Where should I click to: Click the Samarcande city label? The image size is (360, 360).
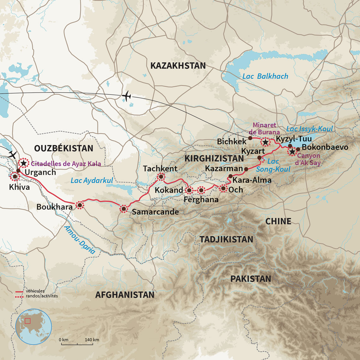(155, 212)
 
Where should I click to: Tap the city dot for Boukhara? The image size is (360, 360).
(80, 205)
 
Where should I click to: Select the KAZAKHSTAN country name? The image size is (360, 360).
(178, 66)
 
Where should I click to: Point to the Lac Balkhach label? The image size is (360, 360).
(265, 76)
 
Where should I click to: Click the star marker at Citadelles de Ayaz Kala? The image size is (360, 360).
(23, 163)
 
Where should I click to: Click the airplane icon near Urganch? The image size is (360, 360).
(12, 155)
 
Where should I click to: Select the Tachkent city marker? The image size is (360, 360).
(161, 177)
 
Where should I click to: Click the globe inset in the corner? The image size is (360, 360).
(33, 327)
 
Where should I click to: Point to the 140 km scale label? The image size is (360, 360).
(92, 340)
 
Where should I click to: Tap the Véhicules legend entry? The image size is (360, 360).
(35, 291)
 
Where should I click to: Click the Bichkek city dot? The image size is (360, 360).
(250, 138)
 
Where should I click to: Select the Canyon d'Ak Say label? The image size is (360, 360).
(309, 159)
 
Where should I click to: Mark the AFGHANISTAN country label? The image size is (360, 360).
(125, 295)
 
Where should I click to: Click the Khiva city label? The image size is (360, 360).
(19, 187)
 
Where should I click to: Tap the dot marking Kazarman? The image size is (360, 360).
(246, 169)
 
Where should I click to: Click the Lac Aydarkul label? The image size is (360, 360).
(92, 181)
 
